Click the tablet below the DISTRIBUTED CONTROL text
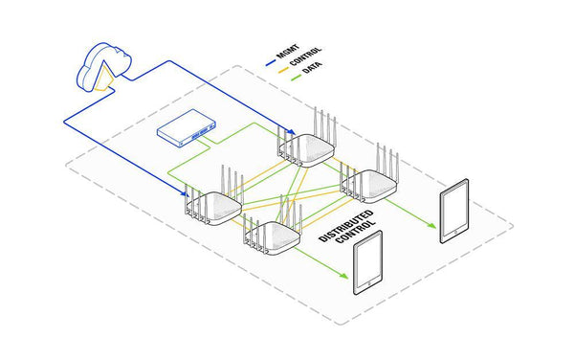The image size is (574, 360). click(x=367, y=272)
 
